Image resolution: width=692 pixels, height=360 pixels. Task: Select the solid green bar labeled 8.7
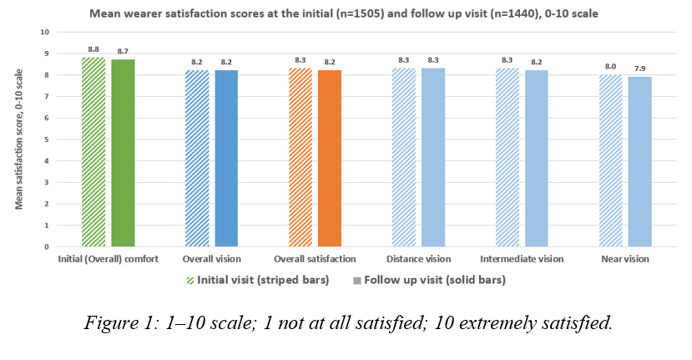point(123,153)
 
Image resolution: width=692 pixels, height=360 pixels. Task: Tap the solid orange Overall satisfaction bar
point(330,159)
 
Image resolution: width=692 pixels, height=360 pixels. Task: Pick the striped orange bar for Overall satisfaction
point(300,158)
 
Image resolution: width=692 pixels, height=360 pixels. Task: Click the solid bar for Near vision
point(639,162)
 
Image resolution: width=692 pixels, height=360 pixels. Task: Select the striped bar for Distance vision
point(403,158)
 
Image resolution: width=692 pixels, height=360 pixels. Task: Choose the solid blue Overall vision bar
point(226,159)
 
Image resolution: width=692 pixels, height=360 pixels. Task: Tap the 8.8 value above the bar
point(93,49)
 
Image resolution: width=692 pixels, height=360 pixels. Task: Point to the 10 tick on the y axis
point(46,32)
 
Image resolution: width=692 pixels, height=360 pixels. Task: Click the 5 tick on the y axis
point(48,139)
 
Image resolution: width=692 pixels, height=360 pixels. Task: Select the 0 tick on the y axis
point(48,247)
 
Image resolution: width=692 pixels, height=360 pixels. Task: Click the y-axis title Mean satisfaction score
point(18,139)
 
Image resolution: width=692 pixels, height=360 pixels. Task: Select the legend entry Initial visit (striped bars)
point(264,281)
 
